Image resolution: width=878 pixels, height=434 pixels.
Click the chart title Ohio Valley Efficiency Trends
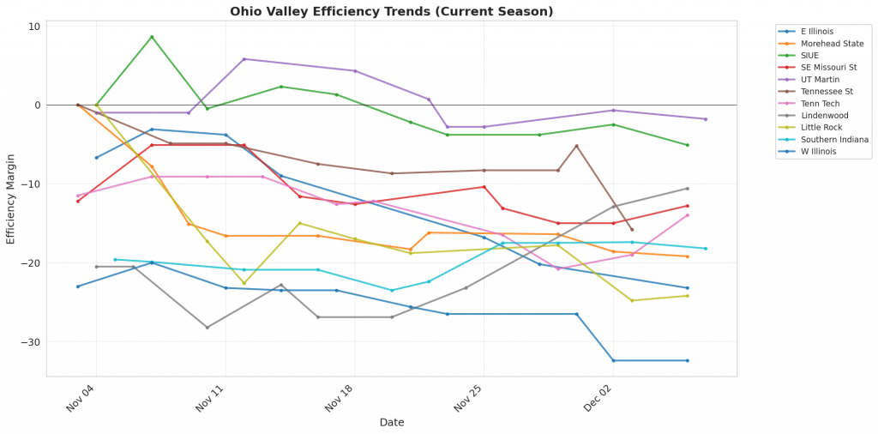(391, 11)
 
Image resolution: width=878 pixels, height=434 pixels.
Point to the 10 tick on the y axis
(34, 27)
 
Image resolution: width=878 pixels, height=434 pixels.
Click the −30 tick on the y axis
(31, 342)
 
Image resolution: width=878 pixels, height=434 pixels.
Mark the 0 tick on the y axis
(37, 105)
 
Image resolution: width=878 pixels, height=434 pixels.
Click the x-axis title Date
(391, 422)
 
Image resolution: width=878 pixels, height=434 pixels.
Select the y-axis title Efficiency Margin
(11, 198)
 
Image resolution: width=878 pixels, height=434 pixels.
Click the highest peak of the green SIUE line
(152, 37)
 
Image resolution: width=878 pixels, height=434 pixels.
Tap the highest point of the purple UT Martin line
(244, 59)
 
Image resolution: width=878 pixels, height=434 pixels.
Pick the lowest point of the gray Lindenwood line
(207, 327)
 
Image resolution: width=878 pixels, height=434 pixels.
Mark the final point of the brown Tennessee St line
(632, 229)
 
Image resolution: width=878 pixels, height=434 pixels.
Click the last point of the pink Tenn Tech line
(688, 215)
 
